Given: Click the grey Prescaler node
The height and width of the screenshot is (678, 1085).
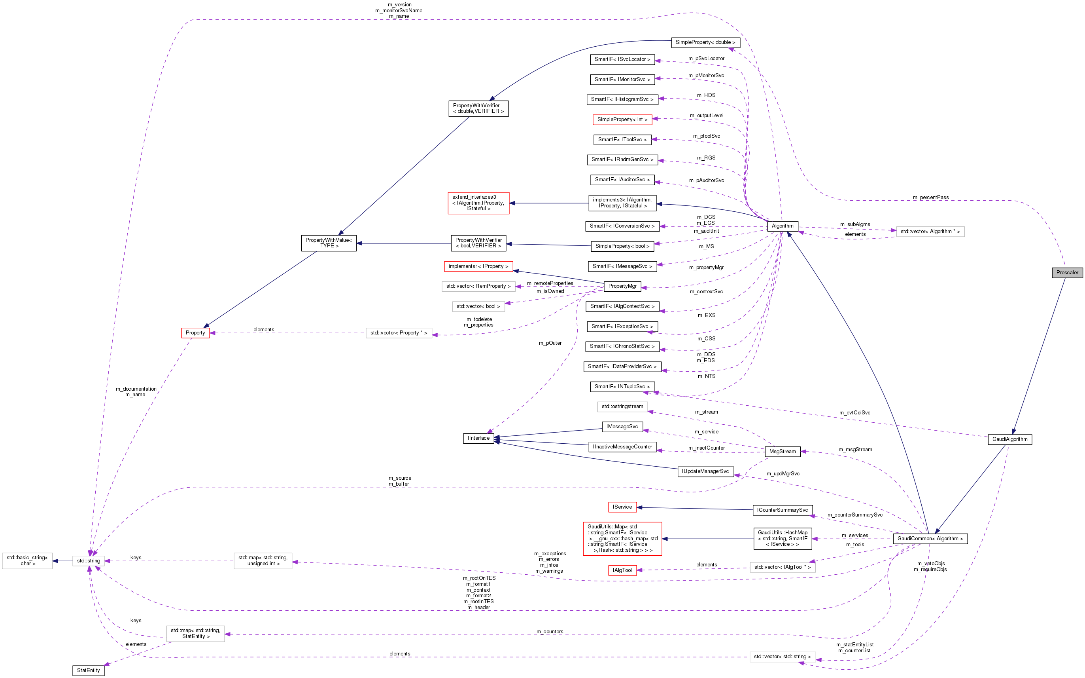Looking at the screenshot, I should point(1067,273).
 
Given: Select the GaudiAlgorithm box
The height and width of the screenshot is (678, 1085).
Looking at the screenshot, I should point(1009,439).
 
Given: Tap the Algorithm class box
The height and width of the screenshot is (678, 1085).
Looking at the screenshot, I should point(782,226).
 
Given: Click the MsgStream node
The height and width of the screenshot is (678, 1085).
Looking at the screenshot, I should point(782,452).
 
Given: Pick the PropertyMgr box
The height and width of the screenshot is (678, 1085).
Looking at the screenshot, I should point(622,286).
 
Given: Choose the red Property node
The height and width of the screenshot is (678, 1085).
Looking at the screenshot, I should point(195,333).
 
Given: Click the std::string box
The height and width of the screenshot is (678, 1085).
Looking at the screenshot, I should point(89,560).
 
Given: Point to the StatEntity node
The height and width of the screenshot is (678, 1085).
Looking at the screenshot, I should point(88,670).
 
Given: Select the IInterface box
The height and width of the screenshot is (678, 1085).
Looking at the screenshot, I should point(478,438).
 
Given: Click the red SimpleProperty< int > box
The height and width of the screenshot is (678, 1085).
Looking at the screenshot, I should point(622,120).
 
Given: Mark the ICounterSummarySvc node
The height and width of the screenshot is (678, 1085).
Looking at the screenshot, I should point(782,510).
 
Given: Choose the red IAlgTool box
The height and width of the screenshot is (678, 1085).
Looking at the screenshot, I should point(622,570).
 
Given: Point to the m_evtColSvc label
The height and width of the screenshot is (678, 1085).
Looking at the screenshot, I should point(854,413).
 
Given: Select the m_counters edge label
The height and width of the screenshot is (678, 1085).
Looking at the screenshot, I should point(550,632).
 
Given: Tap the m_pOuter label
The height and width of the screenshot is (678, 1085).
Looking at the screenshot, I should point(550,344).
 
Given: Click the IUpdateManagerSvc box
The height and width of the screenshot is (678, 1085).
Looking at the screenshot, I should point(705,471).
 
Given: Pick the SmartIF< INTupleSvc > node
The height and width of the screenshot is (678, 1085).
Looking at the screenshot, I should point(622,387).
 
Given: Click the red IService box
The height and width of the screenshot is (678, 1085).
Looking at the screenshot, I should point(622,507).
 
